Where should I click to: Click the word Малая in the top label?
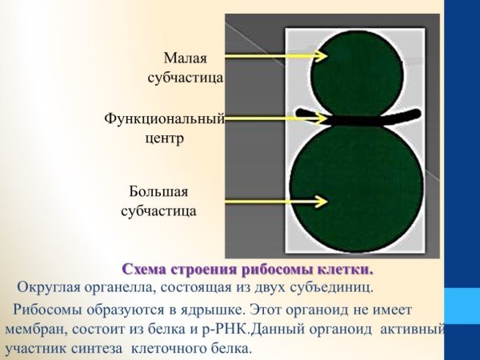186,58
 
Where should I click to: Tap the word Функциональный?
163,118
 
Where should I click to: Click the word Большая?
158,192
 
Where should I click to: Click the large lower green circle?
354,192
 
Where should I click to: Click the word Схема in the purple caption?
143,268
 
